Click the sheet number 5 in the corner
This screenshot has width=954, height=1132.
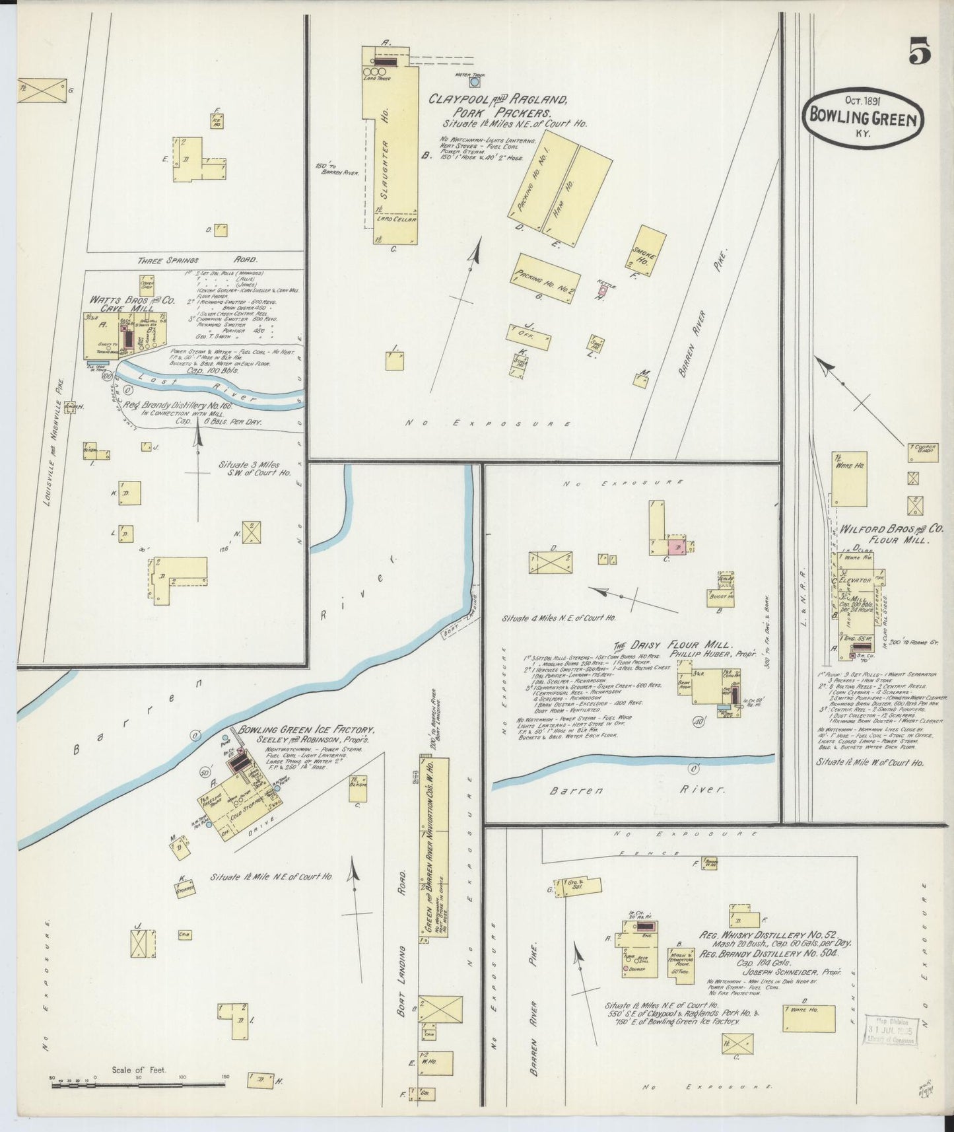[x=920, y=51]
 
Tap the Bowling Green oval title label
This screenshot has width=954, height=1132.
[x=863, y=120]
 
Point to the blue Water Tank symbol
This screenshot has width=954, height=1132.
[x=475, y=82]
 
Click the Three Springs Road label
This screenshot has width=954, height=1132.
[x=198, y=260]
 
